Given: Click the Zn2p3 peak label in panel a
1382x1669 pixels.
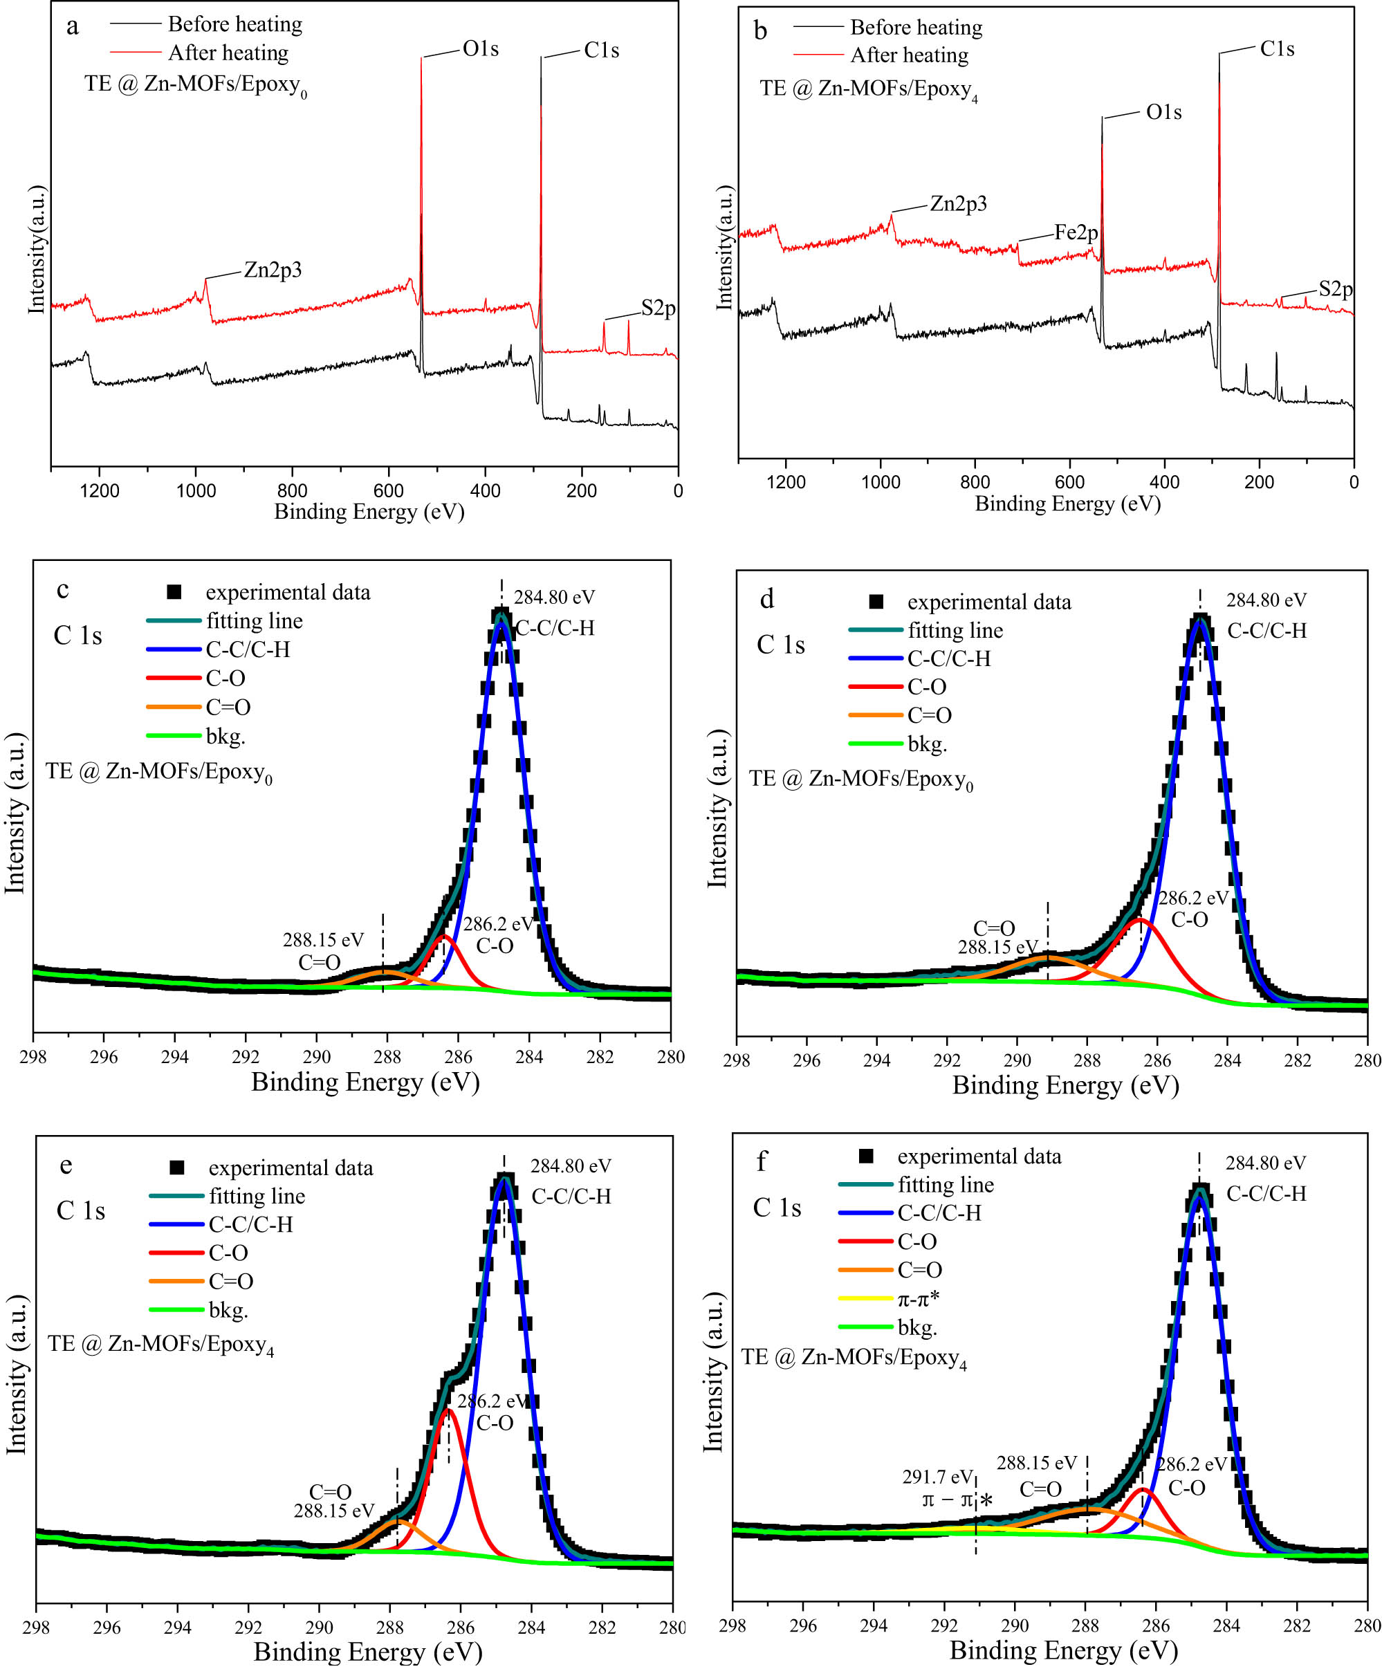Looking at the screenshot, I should click(273, 270).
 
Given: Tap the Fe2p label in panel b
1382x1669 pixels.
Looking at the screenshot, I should click(1076, 232).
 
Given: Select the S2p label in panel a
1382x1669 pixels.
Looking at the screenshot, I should click(658, 308).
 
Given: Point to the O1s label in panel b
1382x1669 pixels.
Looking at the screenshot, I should click(1163, 112).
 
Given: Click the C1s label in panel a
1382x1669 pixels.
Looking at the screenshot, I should click(601, 50).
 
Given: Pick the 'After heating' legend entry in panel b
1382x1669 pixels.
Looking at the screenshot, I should click(909, 55).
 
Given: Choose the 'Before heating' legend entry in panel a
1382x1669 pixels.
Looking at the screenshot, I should click(235, 24).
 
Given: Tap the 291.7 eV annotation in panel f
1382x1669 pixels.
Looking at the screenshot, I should click(937, 1477).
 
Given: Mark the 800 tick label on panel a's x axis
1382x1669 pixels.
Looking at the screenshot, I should click(293, 490).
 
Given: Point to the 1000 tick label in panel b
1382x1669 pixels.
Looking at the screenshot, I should click(881, 481).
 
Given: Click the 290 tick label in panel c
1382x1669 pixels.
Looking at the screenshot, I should click(316, 1056).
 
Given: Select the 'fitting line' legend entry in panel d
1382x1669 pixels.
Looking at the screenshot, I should click(955, 630).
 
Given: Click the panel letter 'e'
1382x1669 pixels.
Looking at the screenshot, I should click(66, 1165).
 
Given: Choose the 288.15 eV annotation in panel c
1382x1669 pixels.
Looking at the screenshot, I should click(322, 939).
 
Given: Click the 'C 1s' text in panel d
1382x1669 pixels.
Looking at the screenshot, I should click(780, 645).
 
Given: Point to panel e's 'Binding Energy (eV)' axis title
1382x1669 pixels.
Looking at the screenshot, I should click(368, 1652).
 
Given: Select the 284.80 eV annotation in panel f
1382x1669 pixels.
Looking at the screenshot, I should click(1265, 1163).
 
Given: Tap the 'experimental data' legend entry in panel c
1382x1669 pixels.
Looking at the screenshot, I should click(288, 592).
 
